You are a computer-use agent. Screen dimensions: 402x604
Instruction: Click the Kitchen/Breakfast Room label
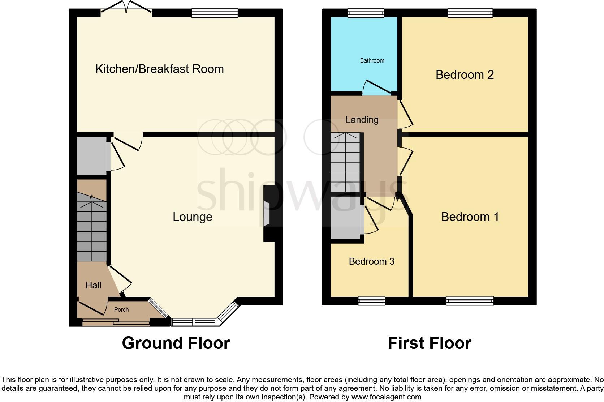coord(159,69)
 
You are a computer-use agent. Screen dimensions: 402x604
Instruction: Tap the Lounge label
coord(192,217)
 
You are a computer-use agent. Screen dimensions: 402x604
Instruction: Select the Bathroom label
coord(372,60)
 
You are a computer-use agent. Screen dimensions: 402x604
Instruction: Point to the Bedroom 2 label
coord(465,74)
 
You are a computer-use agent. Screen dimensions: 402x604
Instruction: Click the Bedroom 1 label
coord(470,217)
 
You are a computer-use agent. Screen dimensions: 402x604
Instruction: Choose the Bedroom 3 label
coord(371,261)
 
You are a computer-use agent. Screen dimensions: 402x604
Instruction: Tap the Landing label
coord(362,120)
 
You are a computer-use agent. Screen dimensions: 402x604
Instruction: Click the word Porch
coord(121,309)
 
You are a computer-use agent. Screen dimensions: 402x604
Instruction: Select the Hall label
coord(93,285)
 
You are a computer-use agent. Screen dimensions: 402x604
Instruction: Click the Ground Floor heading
coord(176,343)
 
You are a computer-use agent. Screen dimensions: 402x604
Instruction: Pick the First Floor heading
coord(430,343)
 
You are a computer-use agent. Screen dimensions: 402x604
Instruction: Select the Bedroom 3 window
coord(371,301)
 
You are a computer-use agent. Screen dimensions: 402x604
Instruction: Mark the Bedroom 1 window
coord(470,301)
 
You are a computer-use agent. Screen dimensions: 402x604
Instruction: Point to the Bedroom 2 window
coord(470,13)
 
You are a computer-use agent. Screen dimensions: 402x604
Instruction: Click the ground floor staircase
coord(92,228)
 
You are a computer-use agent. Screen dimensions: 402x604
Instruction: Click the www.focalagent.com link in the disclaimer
coord(386,397)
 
